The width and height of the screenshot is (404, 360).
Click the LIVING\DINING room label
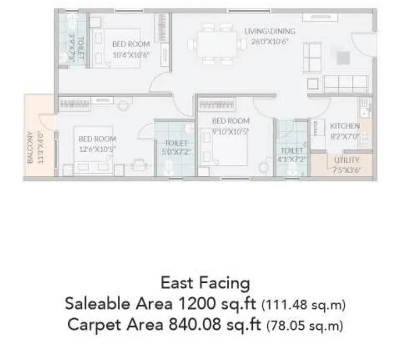(270, 32)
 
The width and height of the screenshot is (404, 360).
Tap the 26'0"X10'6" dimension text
(270, 40)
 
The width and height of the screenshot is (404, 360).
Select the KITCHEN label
(345, 126)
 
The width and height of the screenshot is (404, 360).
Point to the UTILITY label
(347, 160)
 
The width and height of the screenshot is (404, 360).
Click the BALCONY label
(30, 147)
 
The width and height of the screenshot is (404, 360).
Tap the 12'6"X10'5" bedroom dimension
(97, 148)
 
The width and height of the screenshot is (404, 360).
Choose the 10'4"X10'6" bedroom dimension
(131, 53)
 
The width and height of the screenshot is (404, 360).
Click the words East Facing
(205, 283)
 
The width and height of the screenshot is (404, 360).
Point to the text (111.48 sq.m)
(303, 304)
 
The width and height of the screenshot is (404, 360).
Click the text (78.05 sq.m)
(305, 326)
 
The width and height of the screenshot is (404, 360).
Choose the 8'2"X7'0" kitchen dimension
(345, 135)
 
